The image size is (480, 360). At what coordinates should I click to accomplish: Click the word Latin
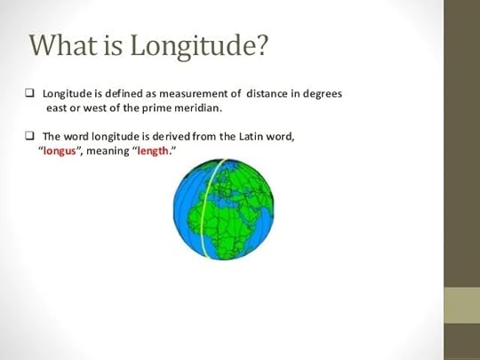coord(244,136)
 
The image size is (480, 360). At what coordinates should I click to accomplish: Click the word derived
coord(172,136)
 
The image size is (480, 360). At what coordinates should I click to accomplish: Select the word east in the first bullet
coord(58,108)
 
